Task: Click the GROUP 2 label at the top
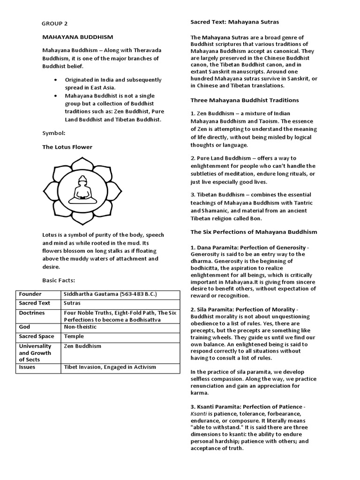point(55,23)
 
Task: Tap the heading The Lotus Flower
point(67,147)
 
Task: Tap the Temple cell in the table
point(74,337)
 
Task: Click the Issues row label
point(27,367)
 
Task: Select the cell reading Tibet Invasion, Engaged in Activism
point(110,367)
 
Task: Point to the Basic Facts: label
point(59,280)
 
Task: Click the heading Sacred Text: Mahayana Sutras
point(234,22)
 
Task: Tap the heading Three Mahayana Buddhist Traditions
point(244,100)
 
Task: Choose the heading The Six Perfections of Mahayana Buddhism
point(254,232)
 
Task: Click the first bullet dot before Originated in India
point(56,80)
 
